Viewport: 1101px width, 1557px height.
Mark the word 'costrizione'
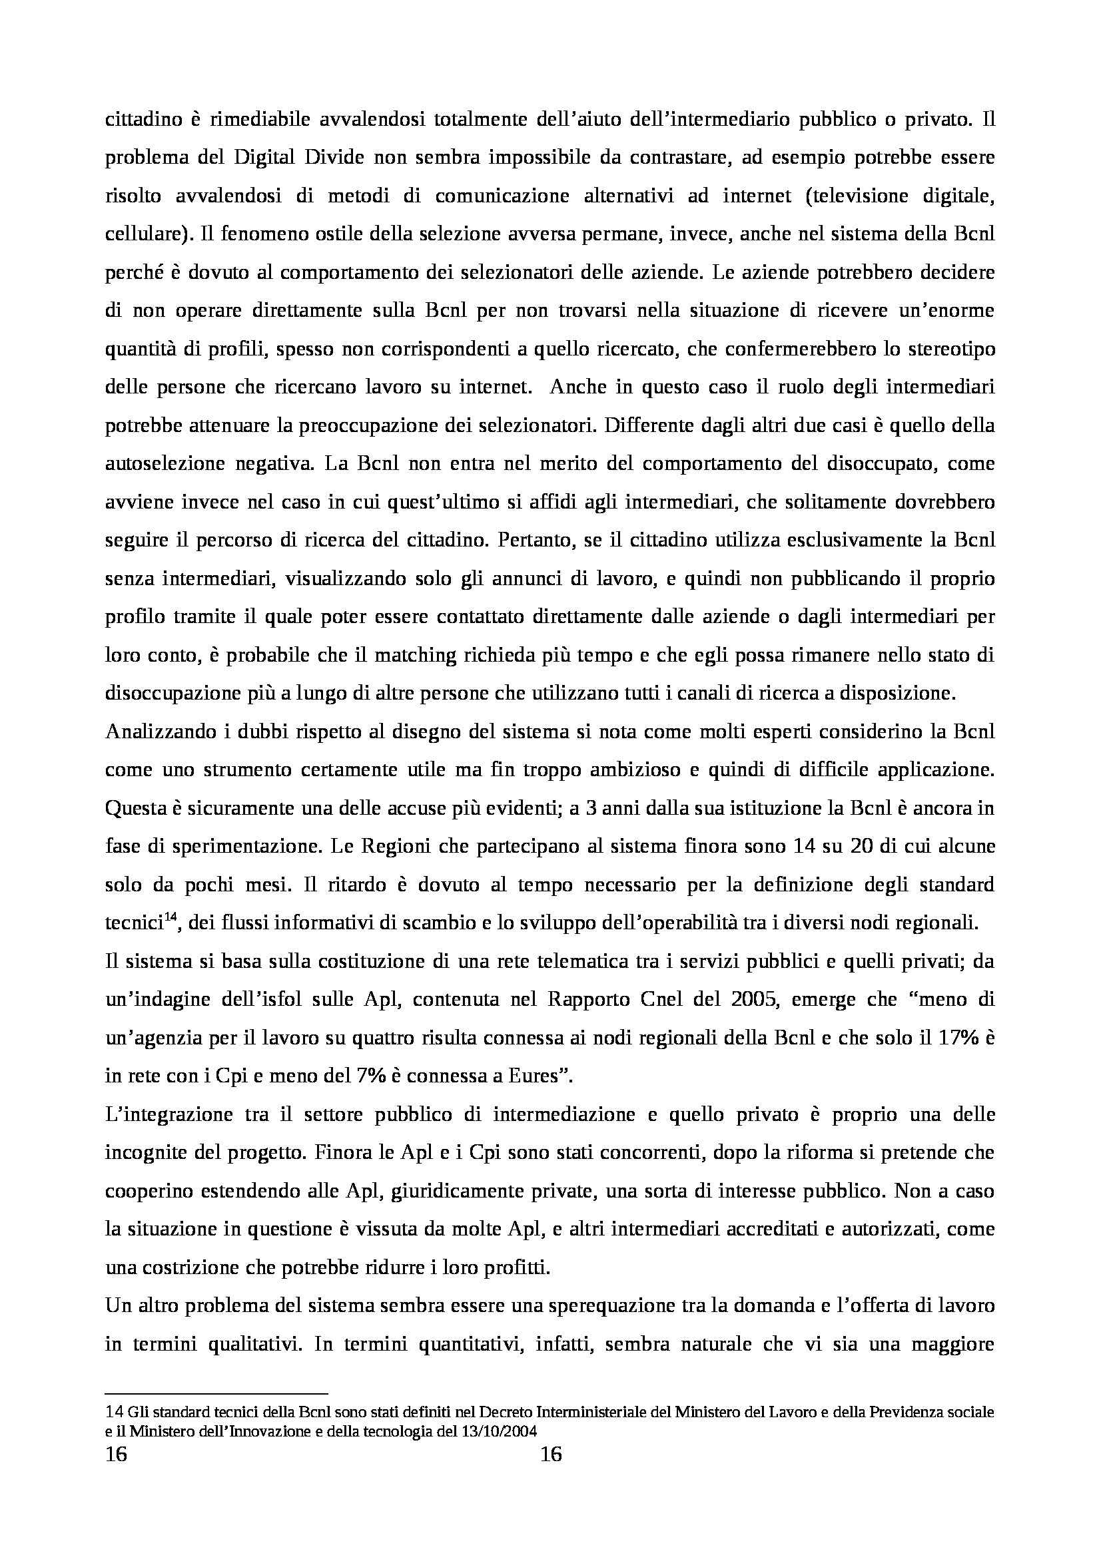[186, 1268]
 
